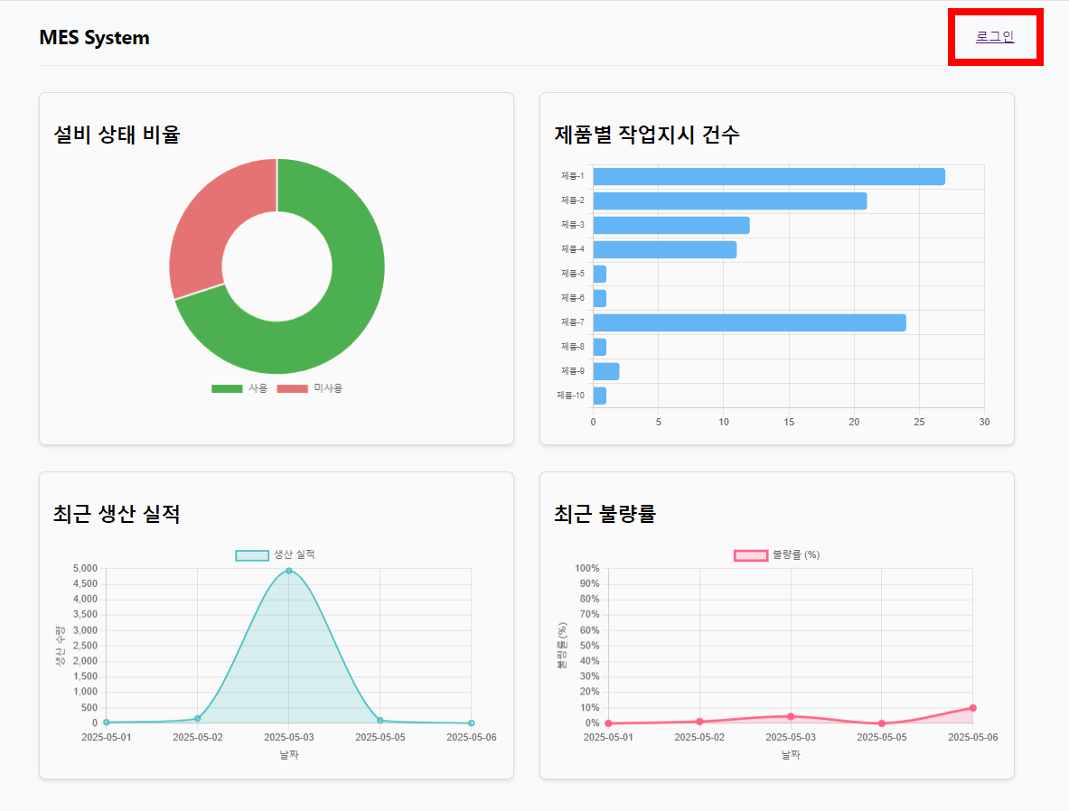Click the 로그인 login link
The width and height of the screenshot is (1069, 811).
point(994,37)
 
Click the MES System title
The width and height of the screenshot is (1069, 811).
point(94,38)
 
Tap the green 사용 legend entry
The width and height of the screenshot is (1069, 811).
point(239,388)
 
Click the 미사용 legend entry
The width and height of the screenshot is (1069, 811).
point(310,388)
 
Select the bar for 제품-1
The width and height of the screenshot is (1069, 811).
point(768,176)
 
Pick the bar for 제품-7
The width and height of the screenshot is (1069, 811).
point(749,322)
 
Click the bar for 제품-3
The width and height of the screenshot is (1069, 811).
point(670,225)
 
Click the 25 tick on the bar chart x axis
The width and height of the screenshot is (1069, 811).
point(919,422)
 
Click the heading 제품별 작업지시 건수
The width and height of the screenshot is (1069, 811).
point(646,135)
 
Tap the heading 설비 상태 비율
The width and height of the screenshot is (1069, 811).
point(117,135)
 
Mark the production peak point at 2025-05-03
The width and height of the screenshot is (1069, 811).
point(288,571)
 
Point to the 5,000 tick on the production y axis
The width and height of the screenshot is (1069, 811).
point(83,568)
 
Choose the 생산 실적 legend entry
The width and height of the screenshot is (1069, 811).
point(276,555)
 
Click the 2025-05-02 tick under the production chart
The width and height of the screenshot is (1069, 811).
point(197,738)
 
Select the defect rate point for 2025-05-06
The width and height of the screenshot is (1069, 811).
point(972,708)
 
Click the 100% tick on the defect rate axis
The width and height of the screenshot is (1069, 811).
point(586,568)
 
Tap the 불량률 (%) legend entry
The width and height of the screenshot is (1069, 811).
point(776,555)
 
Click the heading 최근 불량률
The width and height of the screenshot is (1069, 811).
point(605,515)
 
